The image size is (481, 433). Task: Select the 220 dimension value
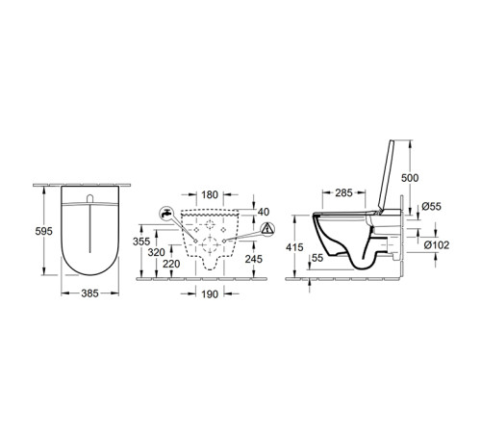pos(173,265)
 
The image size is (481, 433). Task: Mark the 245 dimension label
pos(253,258)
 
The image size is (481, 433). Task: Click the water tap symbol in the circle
pos(166,213)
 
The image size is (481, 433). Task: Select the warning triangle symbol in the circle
pos(266,231)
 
